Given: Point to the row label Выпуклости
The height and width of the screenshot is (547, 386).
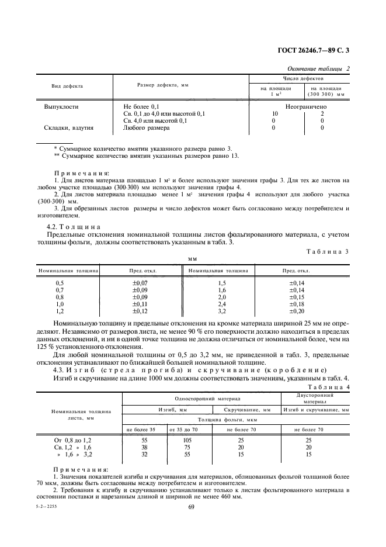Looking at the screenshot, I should pyautogui.click(x=61, y=107).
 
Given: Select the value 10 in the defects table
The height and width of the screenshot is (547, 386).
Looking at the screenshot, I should pyautogui.click(x=275, y=113).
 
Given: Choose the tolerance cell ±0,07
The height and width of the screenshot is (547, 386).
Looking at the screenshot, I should pyautogui.click(x=140, y=283).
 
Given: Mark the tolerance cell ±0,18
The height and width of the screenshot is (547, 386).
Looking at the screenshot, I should pyautogui.click(x=297, y=304).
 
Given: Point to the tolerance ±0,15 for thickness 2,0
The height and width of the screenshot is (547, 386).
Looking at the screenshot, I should pyautogui.click(x=297, y=297).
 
